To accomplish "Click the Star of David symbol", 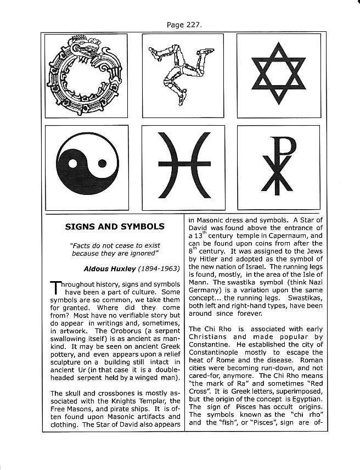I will pyautogui.click(x=278, y=75).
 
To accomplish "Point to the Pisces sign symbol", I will pyautogui.click(x=184, y=165).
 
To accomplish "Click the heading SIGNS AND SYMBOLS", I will pyautogui.click(x=114, y=226).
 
